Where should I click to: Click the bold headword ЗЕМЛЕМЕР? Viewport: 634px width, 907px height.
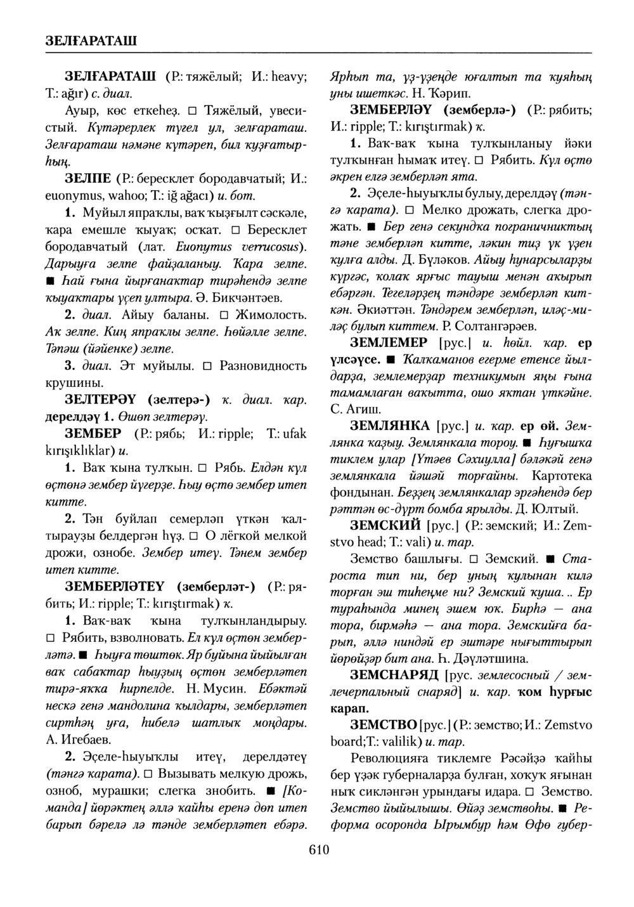[x=389, y=343]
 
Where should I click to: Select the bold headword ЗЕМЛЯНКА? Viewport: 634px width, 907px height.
[x=390, y=424]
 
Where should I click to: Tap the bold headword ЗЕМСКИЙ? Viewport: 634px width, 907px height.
[x=385, y=526]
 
